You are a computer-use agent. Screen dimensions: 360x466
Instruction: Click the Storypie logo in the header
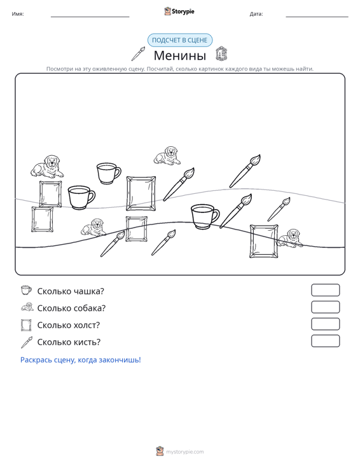179,11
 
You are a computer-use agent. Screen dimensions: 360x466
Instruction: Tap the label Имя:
18,14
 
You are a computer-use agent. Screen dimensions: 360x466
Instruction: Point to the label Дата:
256,14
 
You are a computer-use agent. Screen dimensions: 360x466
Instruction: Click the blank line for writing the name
90,17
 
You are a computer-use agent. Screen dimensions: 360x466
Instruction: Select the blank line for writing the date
317,17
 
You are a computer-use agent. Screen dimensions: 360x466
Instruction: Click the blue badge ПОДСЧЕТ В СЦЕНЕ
180,40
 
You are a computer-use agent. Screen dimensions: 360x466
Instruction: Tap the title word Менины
180,55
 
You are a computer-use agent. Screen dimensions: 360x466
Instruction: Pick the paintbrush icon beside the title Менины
138,53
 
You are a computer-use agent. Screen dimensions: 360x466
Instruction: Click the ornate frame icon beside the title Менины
221,53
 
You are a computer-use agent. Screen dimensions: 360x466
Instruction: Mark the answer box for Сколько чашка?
326,290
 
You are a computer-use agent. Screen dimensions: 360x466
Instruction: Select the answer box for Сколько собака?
326,307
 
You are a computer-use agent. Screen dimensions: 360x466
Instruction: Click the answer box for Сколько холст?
326,324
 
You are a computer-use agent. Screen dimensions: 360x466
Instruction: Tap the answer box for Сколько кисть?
326,341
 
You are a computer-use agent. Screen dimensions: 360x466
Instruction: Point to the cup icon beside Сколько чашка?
26,290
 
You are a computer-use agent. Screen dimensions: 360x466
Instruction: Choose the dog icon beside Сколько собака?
27,306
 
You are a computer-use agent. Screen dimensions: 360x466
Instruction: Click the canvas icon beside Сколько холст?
26,325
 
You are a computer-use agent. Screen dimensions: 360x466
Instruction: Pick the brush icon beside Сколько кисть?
27,342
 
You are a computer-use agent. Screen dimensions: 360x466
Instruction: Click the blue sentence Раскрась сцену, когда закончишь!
81,360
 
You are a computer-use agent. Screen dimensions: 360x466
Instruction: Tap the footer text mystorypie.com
184,452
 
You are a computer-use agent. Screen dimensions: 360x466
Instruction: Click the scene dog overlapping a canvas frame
289,238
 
